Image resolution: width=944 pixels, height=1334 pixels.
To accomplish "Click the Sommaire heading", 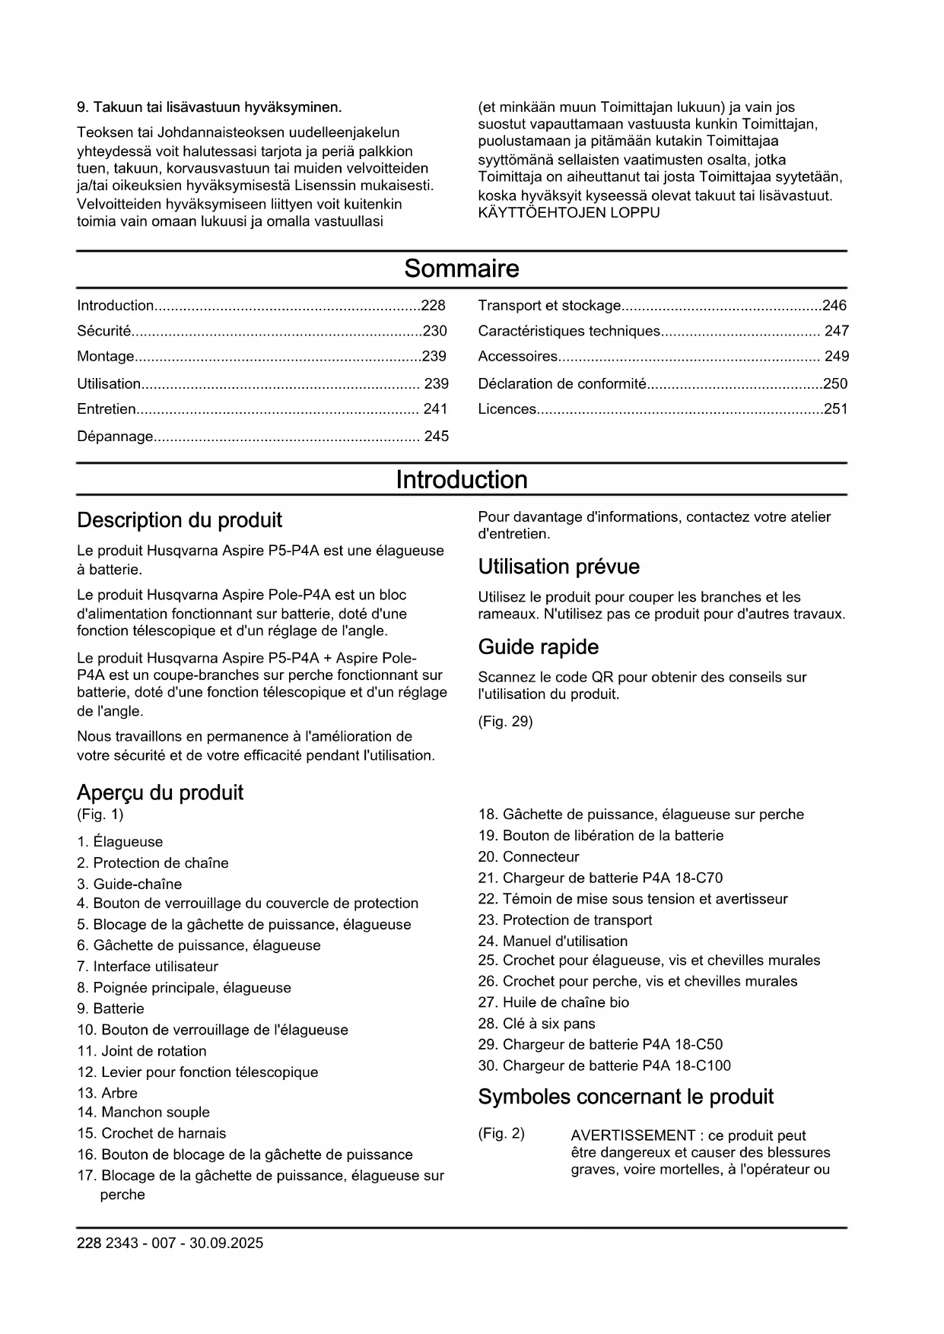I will [461, 268].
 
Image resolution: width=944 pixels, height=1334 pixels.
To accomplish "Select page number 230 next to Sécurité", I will [434, 331].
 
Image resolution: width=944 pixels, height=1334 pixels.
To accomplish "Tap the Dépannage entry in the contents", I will [115, 437].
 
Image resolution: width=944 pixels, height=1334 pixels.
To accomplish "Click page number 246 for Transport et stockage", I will [834, 306].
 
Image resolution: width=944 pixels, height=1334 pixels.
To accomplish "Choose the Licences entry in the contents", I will [507, 409].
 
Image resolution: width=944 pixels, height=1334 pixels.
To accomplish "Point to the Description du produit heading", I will [180, 520].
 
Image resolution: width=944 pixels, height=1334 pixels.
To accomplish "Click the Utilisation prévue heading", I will [558, 567].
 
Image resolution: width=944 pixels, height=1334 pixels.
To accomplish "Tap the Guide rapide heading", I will [538, 647].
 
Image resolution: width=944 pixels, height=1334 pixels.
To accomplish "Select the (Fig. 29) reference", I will [505, 722].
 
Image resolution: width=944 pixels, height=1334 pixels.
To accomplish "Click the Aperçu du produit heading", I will [160, 792].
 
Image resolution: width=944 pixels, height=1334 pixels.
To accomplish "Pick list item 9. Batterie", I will [110, 1009].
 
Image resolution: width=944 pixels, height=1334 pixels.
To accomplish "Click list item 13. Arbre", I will [107, 1094].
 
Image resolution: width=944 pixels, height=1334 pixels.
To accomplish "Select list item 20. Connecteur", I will [529, 857].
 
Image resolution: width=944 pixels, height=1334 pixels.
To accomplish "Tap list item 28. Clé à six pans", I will [536, 1024].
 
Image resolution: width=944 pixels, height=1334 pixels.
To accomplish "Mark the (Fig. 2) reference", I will [501, 1134].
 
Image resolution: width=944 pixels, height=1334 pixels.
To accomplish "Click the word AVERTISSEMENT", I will [633, 1135].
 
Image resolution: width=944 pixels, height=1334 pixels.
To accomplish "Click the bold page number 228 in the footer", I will [88, 1243].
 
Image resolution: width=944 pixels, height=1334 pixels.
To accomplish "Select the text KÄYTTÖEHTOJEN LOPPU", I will [568, 213].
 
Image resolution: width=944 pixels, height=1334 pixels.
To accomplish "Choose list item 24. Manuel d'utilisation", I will [553, 942].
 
